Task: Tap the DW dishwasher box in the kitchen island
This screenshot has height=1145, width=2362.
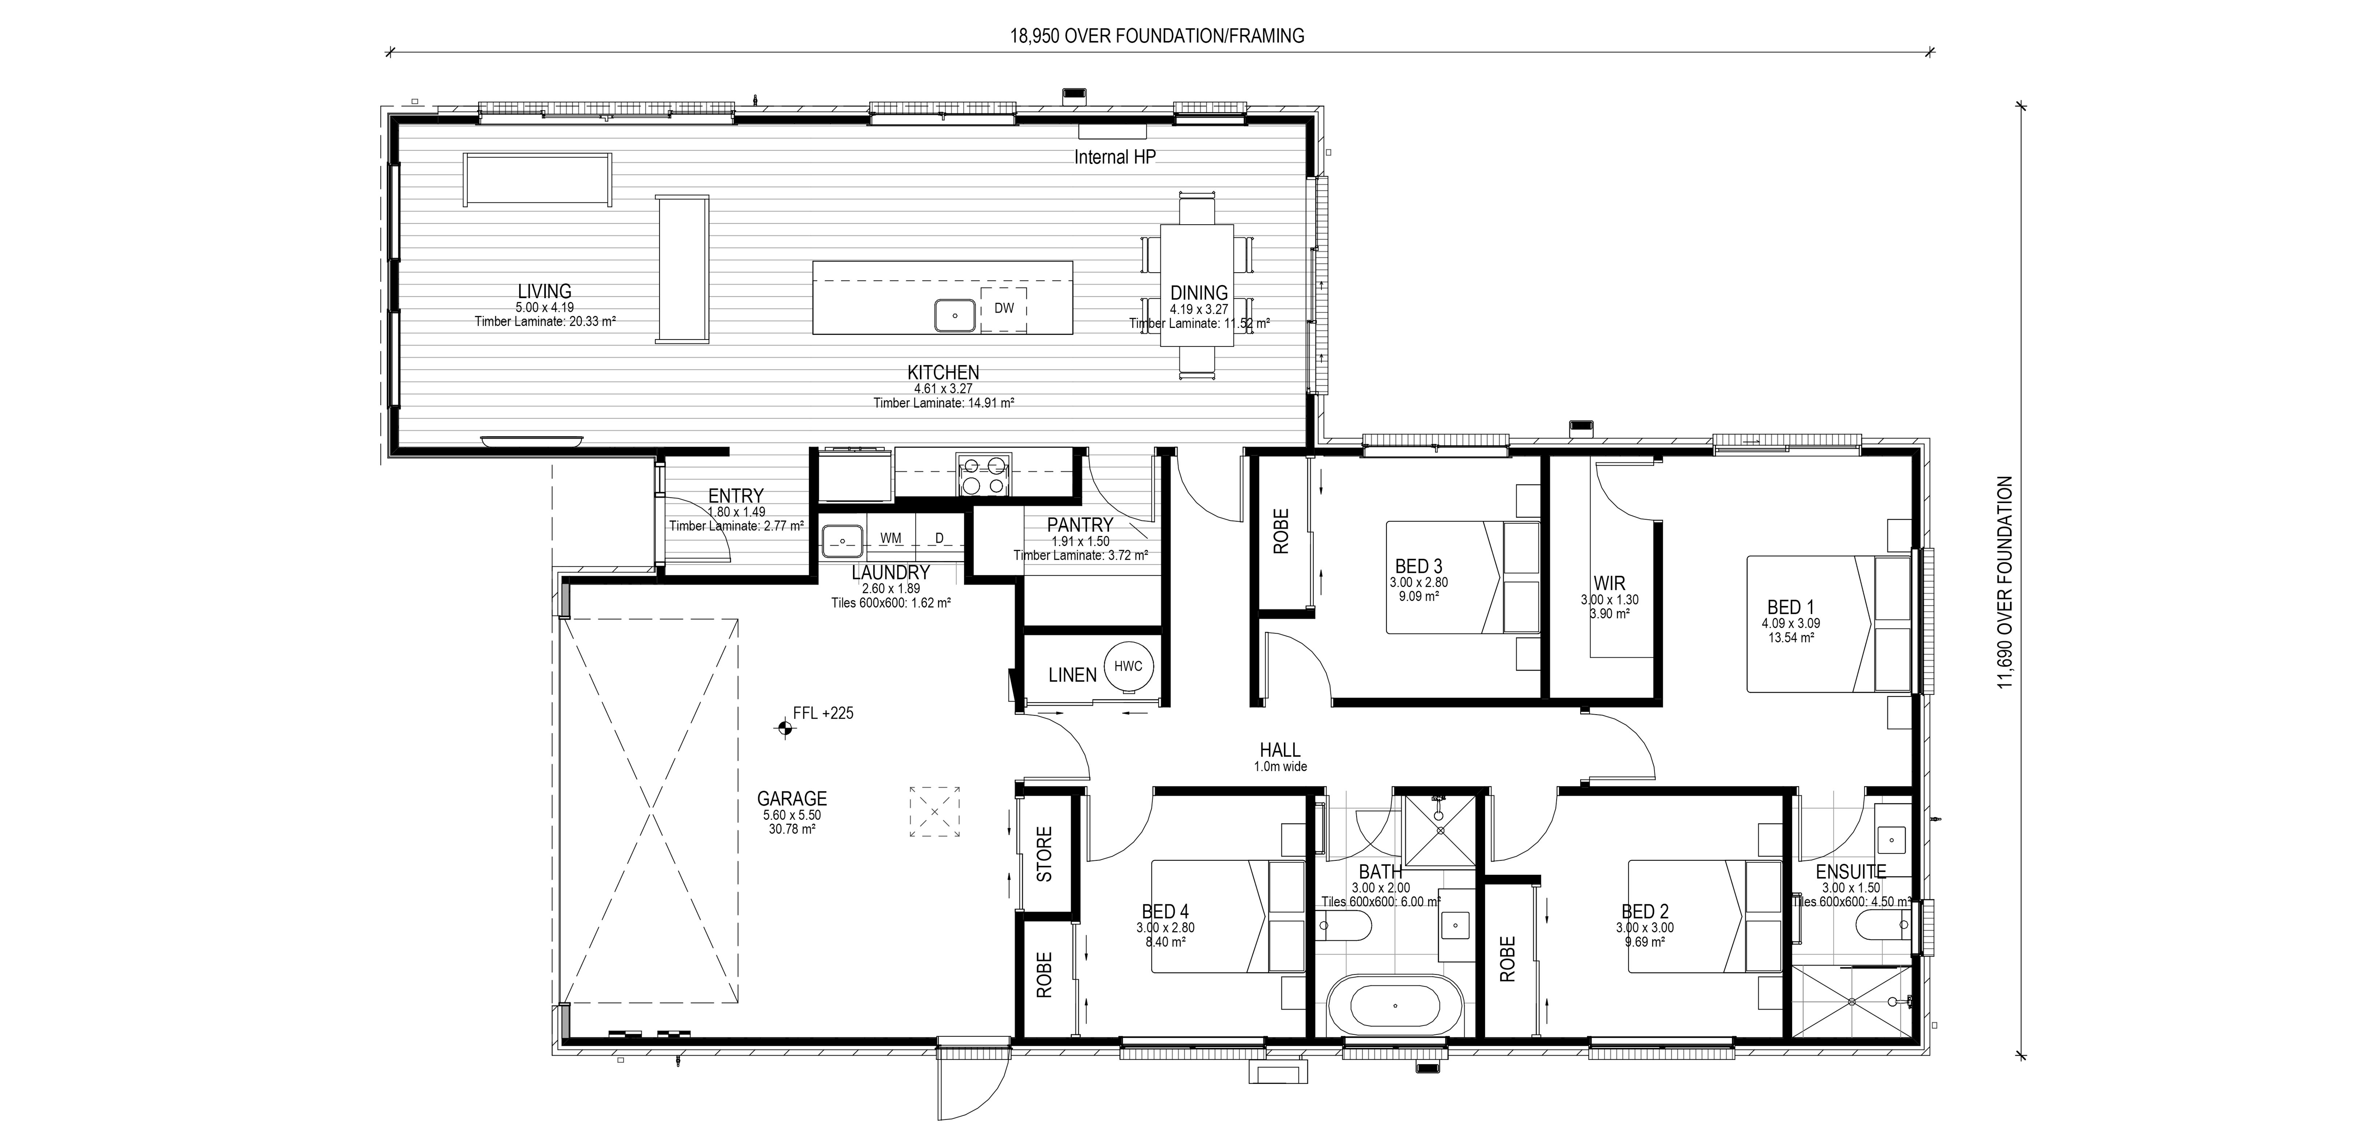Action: (1004, 309)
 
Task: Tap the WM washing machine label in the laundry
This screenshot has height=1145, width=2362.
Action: (890, 538)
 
